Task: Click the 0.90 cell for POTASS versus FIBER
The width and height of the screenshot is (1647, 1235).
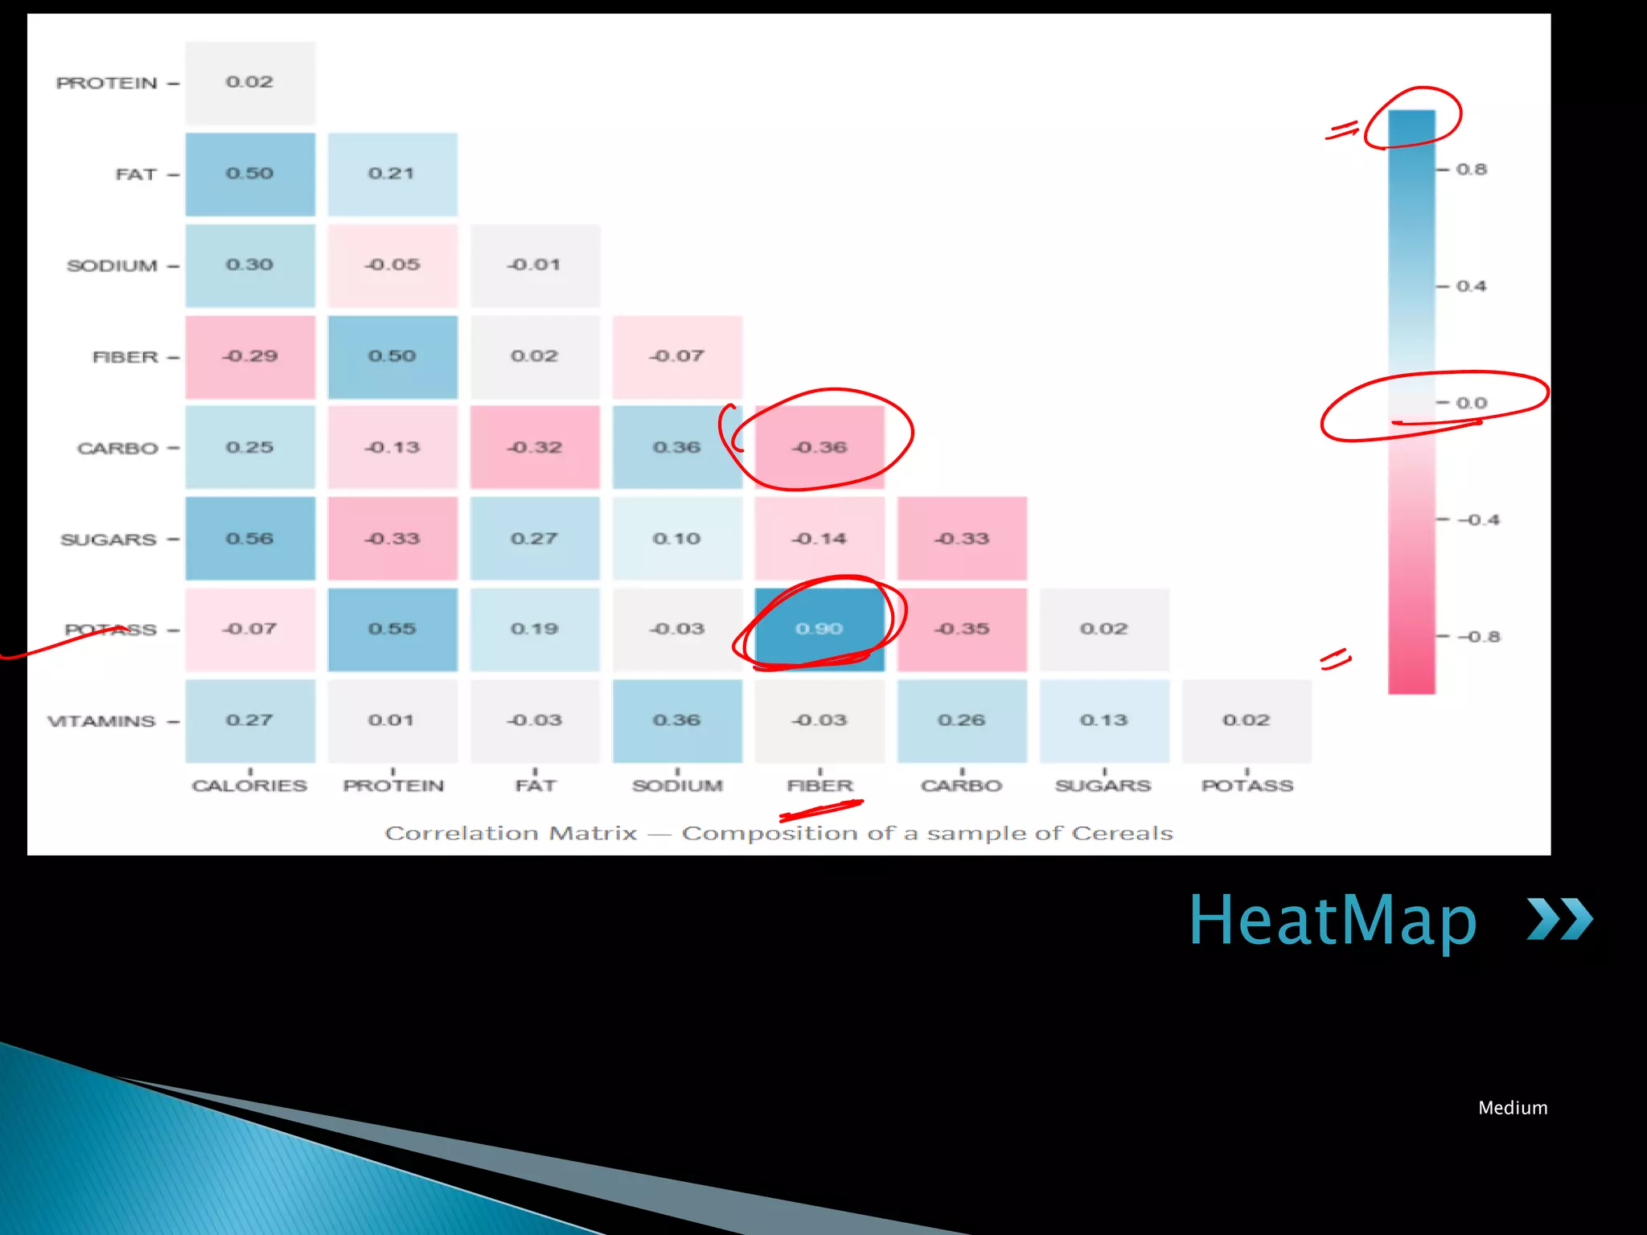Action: coord(819,629)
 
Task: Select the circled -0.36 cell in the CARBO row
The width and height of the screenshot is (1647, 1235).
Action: coord(819,447)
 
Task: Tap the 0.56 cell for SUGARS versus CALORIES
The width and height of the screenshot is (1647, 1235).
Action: coord(250,539)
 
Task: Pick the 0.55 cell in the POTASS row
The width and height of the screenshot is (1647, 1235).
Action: coord(392,629)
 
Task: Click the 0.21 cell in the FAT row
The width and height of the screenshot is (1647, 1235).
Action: coord(392,174)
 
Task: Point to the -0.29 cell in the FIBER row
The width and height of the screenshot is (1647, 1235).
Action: coord(250,356)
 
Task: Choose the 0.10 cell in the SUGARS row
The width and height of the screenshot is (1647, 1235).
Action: coord(677,539)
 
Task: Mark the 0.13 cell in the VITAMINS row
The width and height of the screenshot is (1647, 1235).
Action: coord(1104,720)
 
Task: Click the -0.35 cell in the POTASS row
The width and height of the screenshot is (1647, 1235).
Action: coord(962,629)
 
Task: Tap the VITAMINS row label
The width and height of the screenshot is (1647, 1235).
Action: coord(102,721)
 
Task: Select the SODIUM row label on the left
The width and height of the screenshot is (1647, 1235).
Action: coord(112,265)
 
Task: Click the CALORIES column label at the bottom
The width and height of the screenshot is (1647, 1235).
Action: coord(249,786)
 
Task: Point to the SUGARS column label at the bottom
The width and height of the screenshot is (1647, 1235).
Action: coord(1103,786)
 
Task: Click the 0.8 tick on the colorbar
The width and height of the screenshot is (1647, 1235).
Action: coord(1471,170)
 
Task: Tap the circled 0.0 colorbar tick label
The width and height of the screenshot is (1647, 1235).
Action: coord(1471,403)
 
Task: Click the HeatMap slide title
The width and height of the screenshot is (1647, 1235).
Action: coord(1333,920)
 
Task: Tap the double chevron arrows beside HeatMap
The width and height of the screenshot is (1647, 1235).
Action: coord(1559,919)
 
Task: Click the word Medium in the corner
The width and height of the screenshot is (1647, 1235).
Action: coord(1513,1108)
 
